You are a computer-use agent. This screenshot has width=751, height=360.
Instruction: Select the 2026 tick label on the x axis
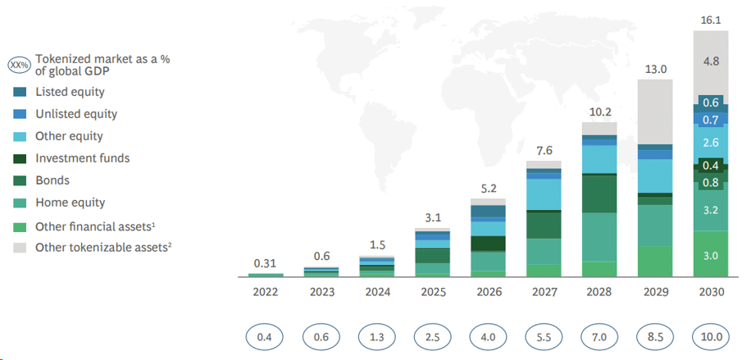pos(488,292)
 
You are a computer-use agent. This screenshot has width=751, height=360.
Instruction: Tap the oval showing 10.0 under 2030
pos(710,336)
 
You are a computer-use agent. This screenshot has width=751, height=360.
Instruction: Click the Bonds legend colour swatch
pos(20,180)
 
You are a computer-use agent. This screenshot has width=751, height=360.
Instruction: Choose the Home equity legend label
pos(70,203)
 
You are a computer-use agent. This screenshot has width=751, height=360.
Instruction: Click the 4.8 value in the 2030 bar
pos(710,61)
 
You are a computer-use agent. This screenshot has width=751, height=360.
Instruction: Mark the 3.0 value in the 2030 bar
pos(710,256)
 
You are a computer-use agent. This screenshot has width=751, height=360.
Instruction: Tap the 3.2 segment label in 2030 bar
pos(710,211)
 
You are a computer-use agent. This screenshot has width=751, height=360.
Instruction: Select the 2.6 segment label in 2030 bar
pos(710,142)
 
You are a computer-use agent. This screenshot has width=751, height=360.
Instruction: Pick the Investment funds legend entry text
pos(82,158)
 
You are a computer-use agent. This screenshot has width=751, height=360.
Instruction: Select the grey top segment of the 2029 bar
pos(655,112)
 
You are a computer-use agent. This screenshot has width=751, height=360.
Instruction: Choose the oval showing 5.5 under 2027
pos(544,336)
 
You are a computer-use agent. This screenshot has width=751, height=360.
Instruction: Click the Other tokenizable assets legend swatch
pos(20,247)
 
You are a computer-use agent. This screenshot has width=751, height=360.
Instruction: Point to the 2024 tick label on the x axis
pos(377,292)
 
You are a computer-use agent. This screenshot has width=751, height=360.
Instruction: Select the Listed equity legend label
pos(70,92)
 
